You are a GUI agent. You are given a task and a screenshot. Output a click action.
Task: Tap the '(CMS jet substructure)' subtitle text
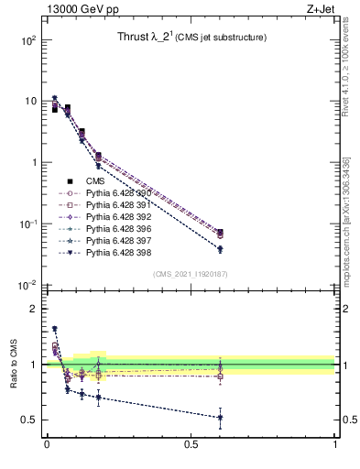(x=221, y=38)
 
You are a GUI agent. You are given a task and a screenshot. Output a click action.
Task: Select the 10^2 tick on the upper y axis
(x=28, y=40)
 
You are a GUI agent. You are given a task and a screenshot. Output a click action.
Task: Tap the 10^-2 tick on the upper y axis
(x=28, y=285)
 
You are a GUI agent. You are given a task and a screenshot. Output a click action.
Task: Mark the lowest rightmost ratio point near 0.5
(x=220, y=418)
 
